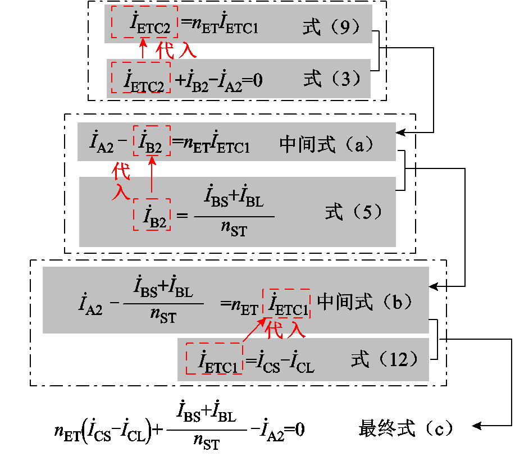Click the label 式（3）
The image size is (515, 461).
[x=331, y=79]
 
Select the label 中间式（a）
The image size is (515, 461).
[x=326, y=145]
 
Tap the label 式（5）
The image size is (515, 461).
[x=354, y=212]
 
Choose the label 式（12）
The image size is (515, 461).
[x=385, y=359]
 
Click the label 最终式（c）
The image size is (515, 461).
[x=405, y=428]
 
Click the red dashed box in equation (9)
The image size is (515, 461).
[x=144, y=22]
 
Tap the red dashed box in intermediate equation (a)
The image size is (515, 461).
[x=151, y=141]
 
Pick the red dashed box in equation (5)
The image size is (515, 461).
[x=152, y=214]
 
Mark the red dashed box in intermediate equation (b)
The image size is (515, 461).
[x=286, y=303]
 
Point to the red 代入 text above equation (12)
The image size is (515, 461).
[x=286, y=330]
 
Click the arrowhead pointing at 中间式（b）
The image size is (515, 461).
[x=433, y=286]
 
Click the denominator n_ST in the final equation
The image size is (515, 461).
[x=207, y=444]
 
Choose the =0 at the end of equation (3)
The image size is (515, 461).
[x=252, y=81]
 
